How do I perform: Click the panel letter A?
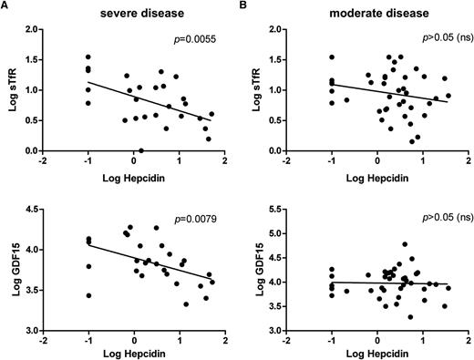click(5, 6)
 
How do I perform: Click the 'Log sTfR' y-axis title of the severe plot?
click(10, 91)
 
